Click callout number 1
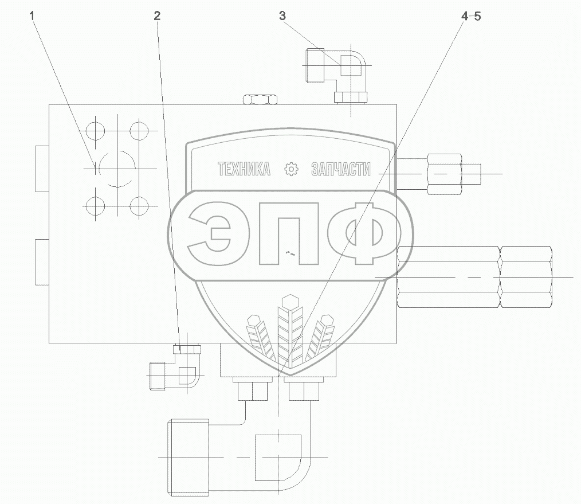tap(32, 16)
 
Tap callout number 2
tap(157, 16)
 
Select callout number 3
tap(282, 16)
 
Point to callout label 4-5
tap(471, 16)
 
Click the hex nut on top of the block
tap(260, 99)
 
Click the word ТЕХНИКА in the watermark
tap(244, 169)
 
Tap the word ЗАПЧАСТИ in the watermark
tap(340, 169)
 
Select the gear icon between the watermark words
tap(291, 169)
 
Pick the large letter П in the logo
tap(289, 233)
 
